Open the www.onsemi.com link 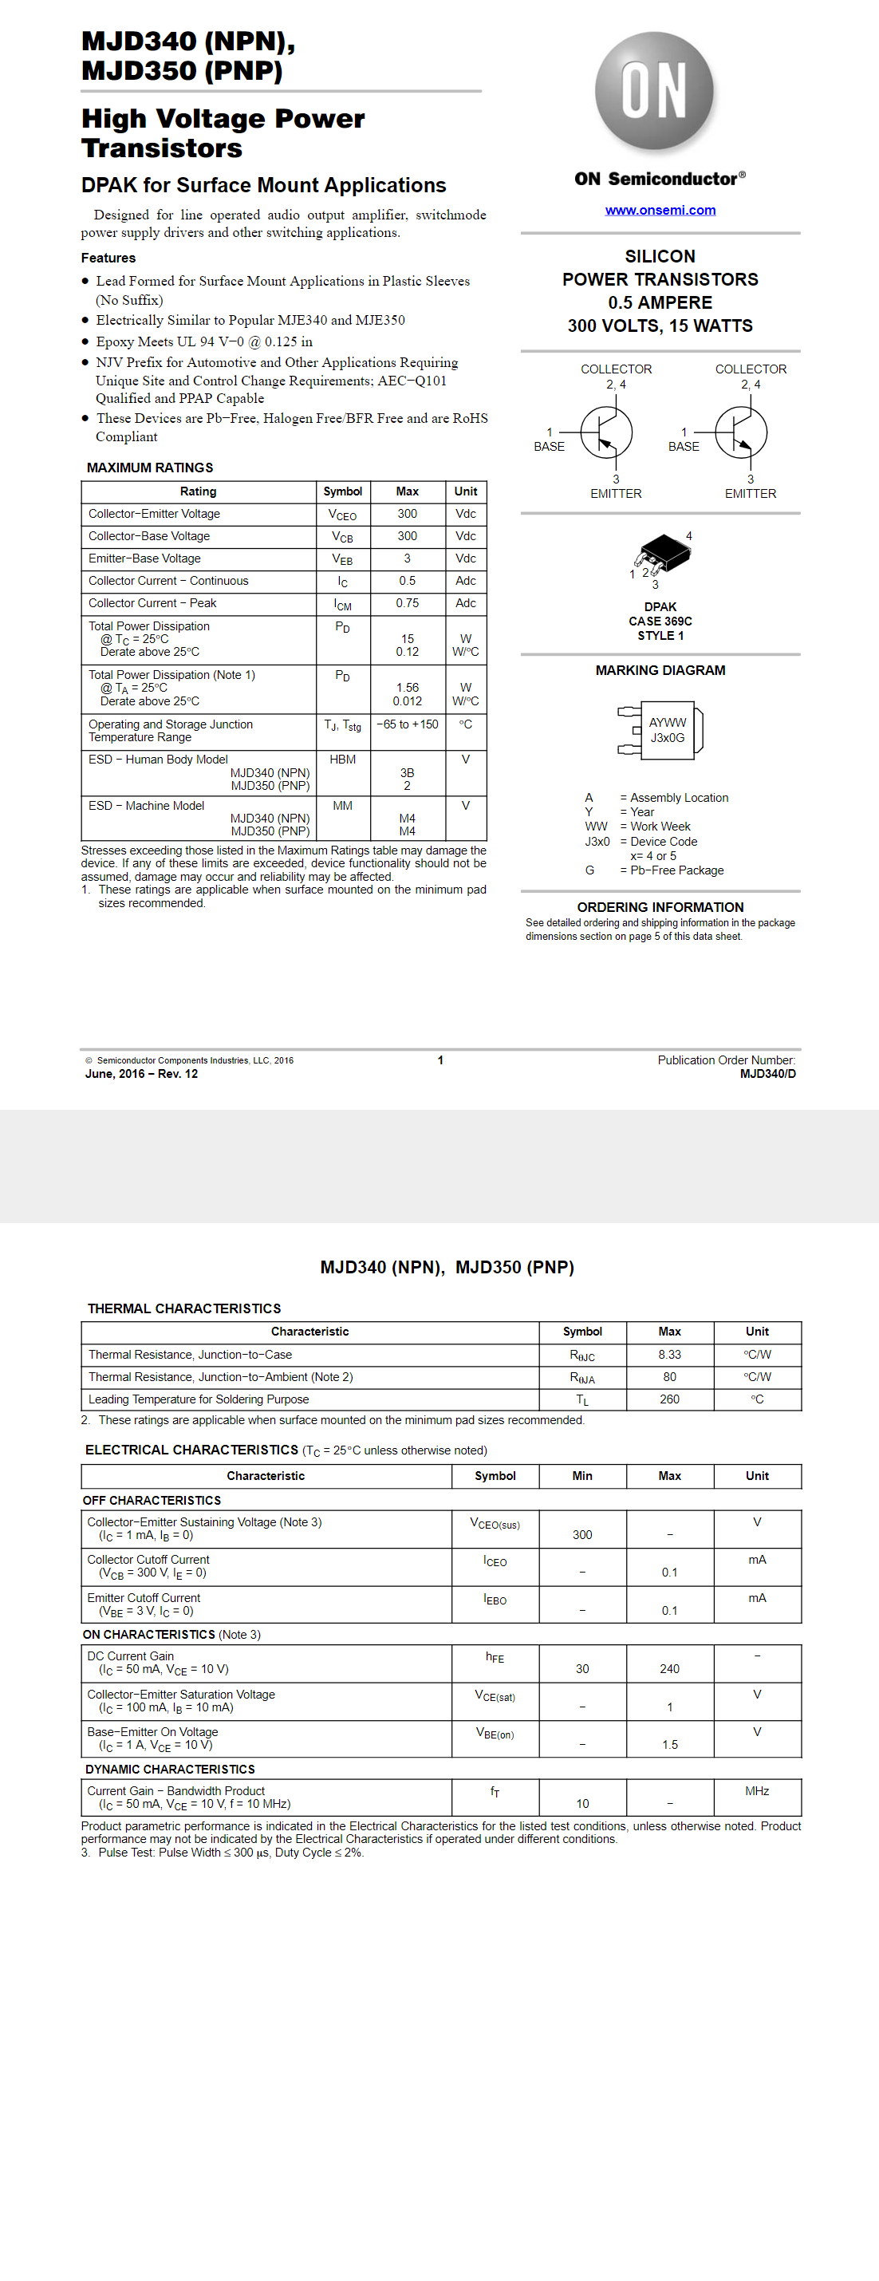click(660, 210)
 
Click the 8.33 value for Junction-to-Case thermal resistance click(669, 1354)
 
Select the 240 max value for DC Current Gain click(669, 1668)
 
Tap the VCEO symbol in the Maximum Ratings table click(342, 515)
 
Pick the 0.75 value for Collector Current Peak click(407, 603)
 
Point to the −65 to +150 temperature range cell click(407, 724)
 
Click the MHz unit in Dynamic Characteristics click(757, 1790)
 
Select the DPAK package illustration click(663, 554)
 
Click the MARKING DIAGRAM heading click(660, 670)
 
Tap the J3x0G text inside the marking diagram click(668, 738)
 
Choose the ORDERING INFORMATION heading click(660, 906)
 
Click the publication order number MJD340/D click(767, 1073)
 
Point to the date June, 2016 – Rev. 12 click(142, 1073)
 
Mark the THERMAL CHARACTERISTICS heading click(184, 1308)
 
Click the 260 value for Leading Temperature click(669, 1399)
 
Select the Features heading click(108, 258)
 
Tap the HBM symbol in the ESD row click(342, 759)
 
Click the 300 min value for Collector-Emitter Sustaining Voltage click(581, 1534)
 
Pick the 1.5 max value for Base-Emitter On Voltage click(669, 1744)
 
